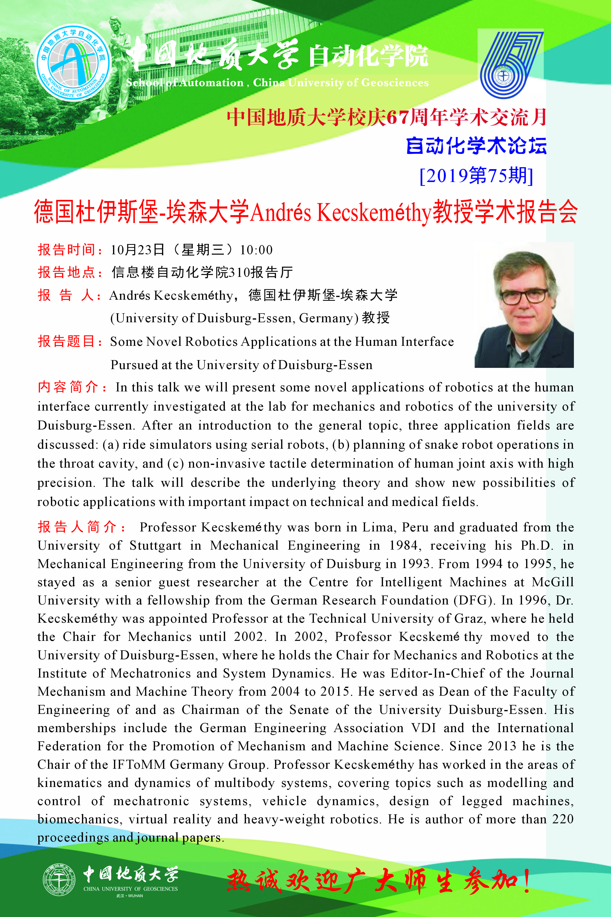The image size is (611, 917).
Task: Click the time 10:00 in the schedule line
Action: click(256, 250)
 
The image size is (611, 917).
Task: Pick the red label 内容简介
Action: click(69, 387)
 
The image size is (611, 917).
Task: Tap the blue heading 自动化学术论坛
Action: click(476, 146)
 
